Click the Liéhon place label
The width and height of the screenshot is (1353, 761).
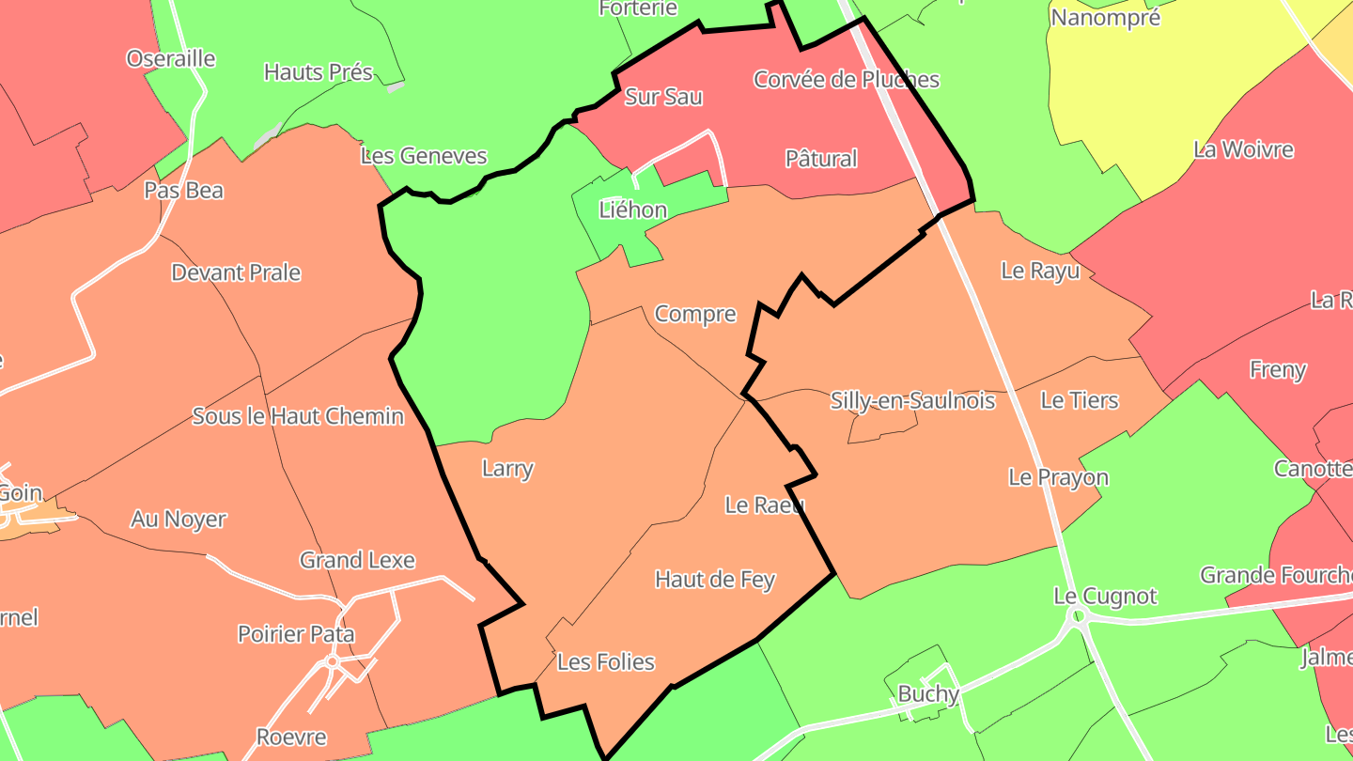click(633, 210)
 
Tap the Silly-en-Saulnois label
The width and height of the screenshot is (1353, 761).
click(912, 401)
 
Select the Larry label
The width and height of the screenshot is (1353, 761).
click(507, 468)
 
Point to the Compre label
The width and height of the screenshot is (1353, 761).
click(695, 314)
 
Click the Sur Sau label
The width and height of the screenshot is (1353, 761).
click(663, 97)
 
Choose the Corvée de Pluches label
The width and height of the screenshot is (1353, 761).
click(846, 80)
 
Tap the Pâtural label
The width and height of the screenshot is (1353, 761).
click(821, 159)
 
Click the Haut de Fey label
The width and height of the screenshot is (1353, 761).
click(715, 580)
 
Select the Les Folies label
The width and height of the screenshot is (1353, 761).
click(605, 662)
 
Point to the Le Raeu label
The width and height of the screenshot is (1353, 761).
click(765, 505)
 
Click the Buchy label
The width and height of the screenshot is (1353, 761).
click(928, 694)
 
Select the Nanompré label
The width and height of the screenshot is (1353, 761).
click(1105, 17)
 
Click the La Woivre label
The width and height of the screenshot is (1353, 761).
click(1243, 149)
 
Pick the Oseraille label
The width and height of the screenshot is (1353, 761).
click(171, 59)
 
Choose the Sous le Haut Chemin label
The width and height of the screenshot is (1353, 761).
click(298, 416)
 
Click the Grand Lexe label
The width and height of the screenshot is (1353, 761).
click(357, 561)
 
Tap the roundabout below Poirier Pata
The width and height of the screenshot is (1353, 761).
click(332, 661)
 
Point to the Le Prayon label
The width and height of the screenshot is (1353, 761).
click(1058, 477)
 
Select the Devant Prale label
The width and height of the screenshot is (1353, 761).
click(236, 273)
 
